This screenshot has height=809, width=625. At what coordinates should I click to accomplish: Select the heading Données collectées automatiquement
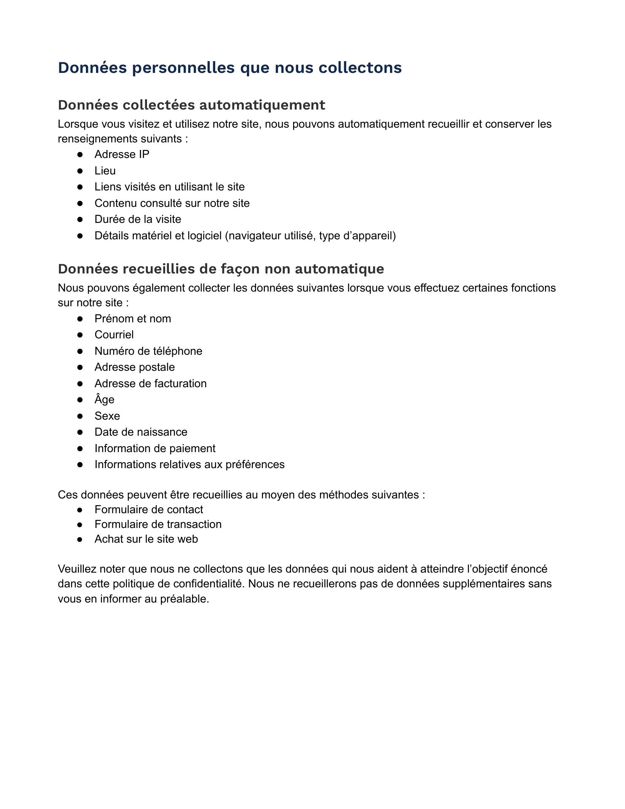[191, 105]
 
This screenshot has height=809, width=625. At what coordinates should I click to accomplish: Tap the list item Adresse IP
[122, 155]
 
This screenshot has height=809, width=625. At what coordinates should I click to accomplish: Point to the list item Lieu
[105, 171]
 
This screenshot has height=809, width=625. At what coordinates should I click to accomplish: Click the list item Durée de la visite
[138, 220]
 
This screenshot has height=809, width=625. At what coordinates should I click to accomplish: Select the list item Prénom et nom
[133, 319]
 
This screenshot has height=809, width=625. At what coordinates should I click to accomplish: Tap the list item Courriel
[114, 335]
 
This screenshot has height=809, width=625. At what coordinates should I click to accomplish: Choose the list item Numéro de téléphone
[148, 351]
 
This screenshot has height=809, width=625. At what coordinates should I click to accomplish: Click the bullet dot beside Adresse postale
[80, 367]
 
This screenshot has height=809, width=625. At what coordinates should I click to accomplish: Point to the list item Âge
[104, 399]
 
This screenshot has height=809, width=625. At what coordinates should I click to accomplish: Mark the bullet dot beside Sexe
[80, 416]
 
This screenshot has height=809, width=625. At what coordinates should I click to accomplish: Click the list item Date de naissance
[141, 432]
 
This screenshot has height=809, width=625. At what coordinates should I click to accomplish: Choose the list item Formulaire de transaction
[158, 524]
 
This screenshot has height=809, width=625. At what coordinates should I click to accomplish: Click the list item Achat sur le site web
[146, 539]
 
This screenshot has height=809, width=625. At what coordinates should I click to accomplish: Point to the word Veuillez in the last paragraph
[77, 569]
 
